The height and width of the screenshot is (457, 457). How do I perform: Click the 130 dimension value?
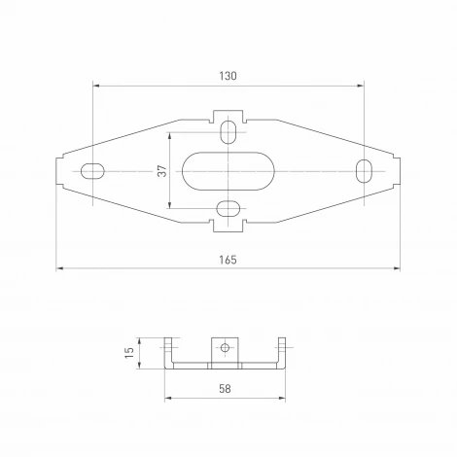pos(228,76)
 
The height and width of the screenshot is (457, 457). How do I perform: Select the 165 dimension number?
pos(228,259)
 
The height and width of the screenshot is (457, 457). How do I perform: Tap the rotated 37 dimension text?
pos(162,171)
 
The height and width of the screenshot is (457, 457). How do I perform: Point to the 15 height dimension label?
pos(127,353)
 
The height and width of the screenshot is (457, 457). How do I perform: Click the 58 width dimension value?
pos(226,388)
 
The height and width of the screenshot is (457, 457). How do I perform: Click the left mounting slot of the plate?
pos(93,171)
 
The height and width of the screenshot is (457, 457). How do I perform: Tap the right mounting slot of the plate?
pos(364,170)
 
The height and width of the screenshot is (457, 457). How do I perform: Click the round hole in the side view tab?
pos(225,346)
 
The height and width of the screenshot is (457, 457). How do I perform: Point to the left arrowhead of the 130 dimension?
pos(96,85)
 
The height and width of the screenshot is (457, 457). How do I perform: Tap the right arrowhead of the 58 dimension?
pos(284,397)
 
